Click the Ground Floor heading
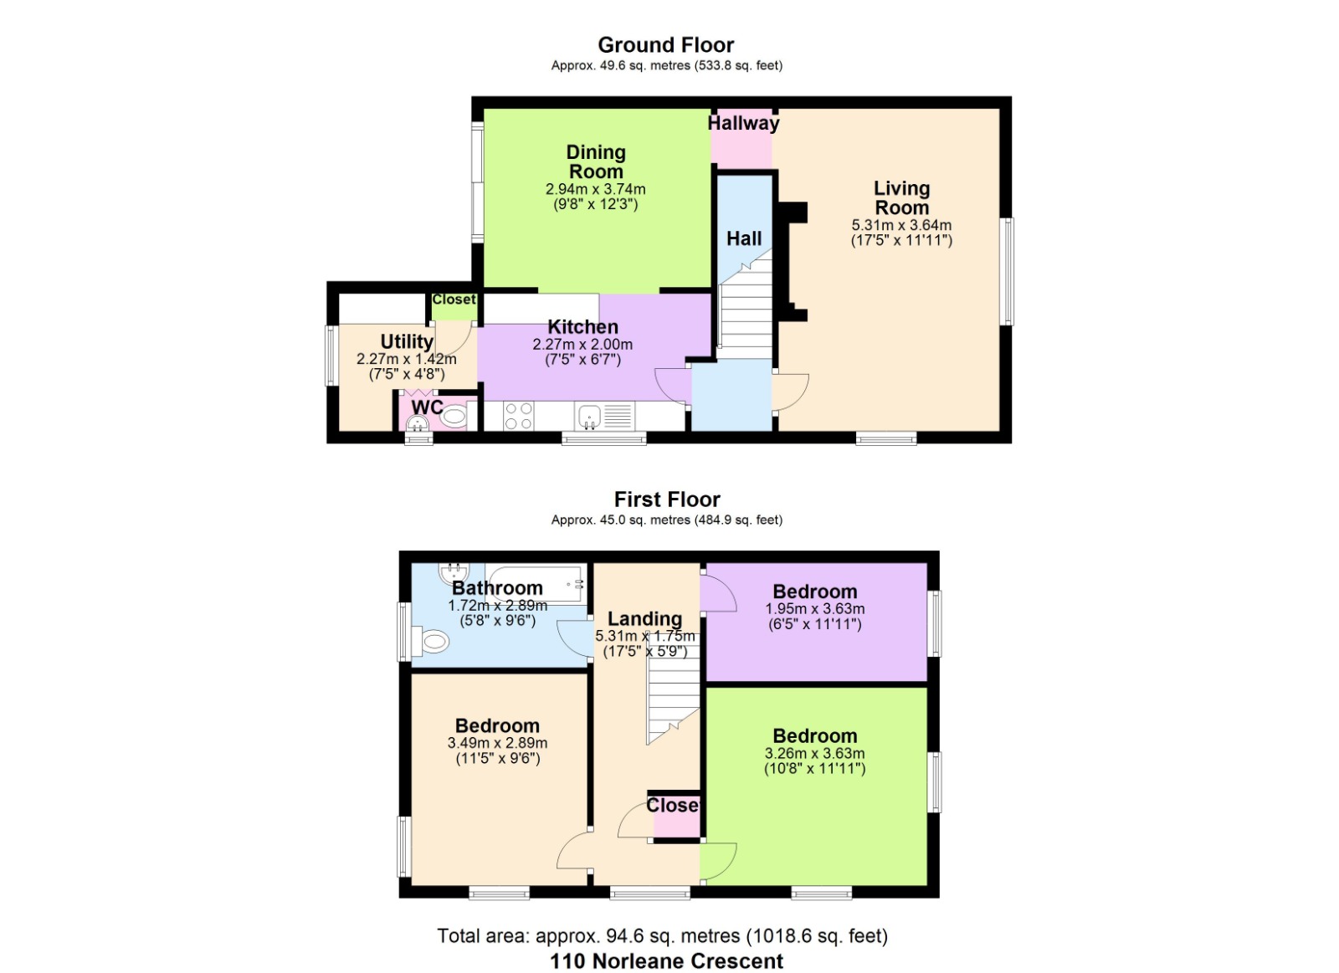point(665,45)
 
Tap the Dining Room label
point(596,161)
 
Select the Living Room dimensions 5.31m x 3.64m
point(901,225)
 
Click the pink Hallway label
point(743,124)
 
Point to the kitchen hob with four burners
point(519,416)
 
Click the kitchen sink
point(590,415)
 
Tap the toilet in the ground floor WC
point(453,416)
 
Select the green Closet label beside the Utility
point(454,300)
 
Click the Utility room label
point(407,341)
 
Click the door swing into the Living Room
point(790,392)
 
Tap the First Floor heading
point(666,499)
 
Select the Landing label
point(644,618)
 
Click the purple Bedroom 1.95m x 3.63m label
point(814,591)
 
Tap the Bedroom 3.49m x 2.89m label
point(497,725)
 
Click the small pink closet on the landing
point(675,816)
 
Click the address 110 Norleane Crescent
point(666,960)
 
